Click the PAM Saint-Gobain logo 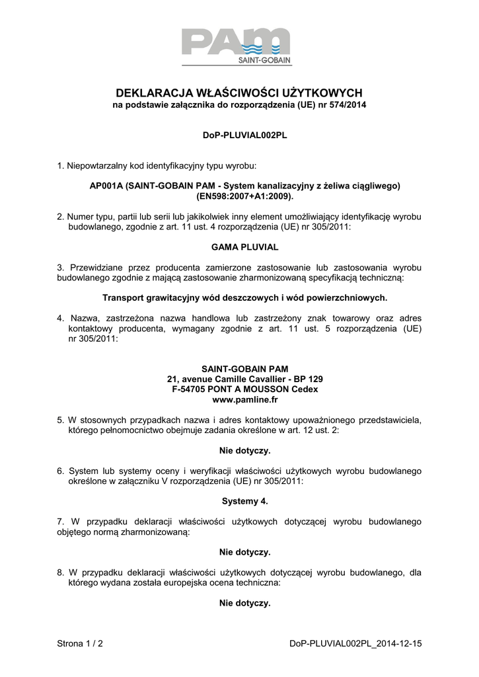click(x=237, y=46)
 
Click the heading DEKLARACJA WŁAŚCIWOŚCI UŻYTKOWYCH click(x=239, y=93)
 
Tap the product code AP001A click(x=104, y=186)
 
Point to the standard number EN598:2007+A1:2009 click(x=244, y=196)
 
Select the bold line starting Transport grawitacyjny click(x=244, y=298)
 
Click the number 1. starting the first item click(x=60, y=165)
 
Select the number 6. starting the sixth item click(x=60, y=471)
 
